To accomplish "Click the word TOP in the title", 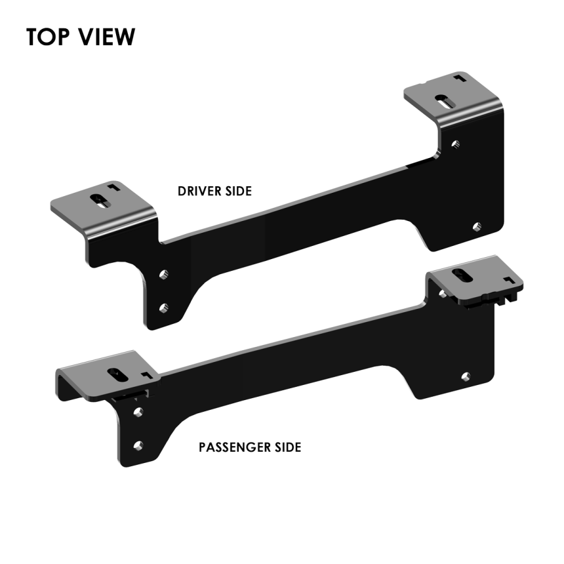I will pyautogui.click(x=49, y=37).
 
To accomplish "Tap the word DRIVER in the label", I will pyautogui.click(x=198, y=191).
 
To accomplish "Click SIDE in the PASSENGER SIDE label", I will pyautogui.click(x=287, y=448).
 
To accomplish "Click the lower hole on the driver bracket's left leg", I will pyautogui.click(x=164, y=306).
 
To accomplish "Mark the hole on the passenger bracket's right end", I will pyautogui.click(x=465, y=376).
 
